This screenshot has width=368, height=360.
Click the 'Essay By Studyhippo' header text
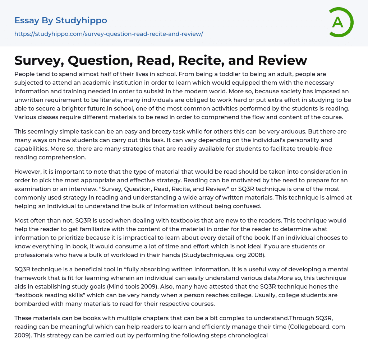[x=61, y=20]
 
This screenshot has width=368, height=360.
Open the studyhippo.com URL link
[x=109, y=34]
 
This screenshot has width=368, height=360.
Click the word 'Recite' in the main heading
[x=211, y=60]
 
